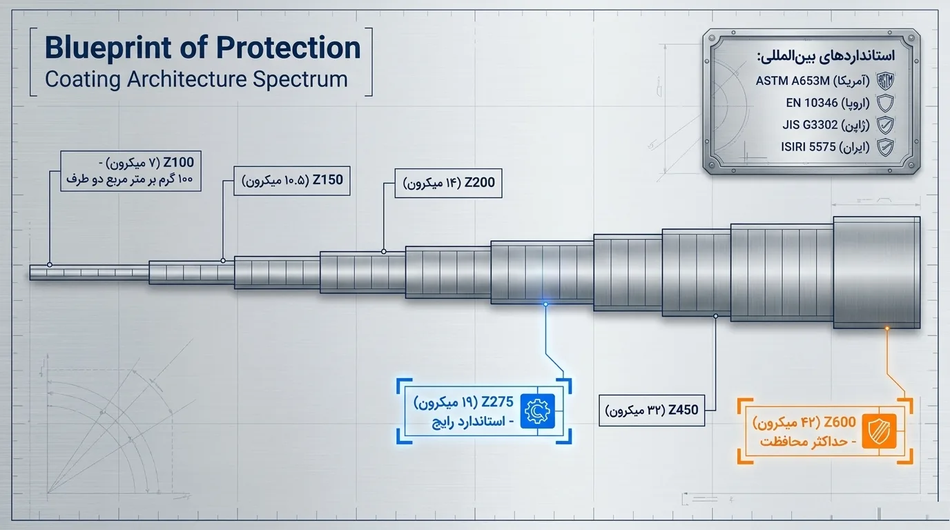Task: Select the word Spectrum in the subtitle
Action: coord(300,80)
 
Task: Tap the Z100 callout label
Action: coord(179,162)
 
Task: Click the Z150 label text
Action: coord(327,180)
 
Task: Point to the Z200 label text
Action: coord(480,183)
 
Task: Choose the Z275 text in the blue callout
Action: coord(498,401)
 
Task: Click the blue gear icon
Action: coord(537,411)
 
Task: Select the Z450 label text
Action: coord(684,410)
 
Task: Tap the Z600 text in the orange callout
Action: coord(840,422)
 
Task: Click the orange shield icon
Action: coord(879,431)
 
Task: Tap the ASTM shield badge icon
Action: coord(885,81)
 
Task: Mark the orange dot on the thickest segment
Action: coord(886,328)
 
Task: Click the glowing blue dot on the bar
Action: coord(545,304)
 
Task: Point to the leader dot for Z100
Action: coord(50,264)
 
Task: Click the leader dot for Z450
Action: coord(715,316)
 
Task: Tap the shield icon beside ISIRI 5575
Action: coord(885,147)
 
